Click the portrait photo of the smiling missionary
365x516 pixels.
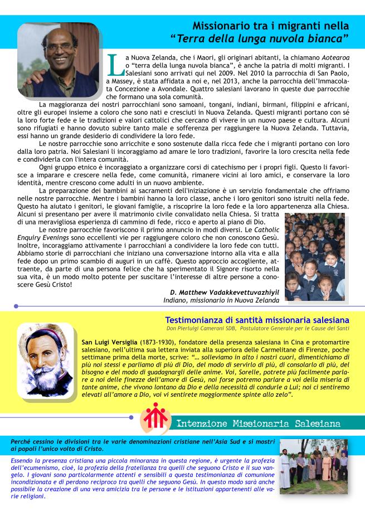pos(58,60)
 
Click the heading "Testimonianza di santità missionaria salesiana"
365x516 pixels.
pos(257,320)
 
